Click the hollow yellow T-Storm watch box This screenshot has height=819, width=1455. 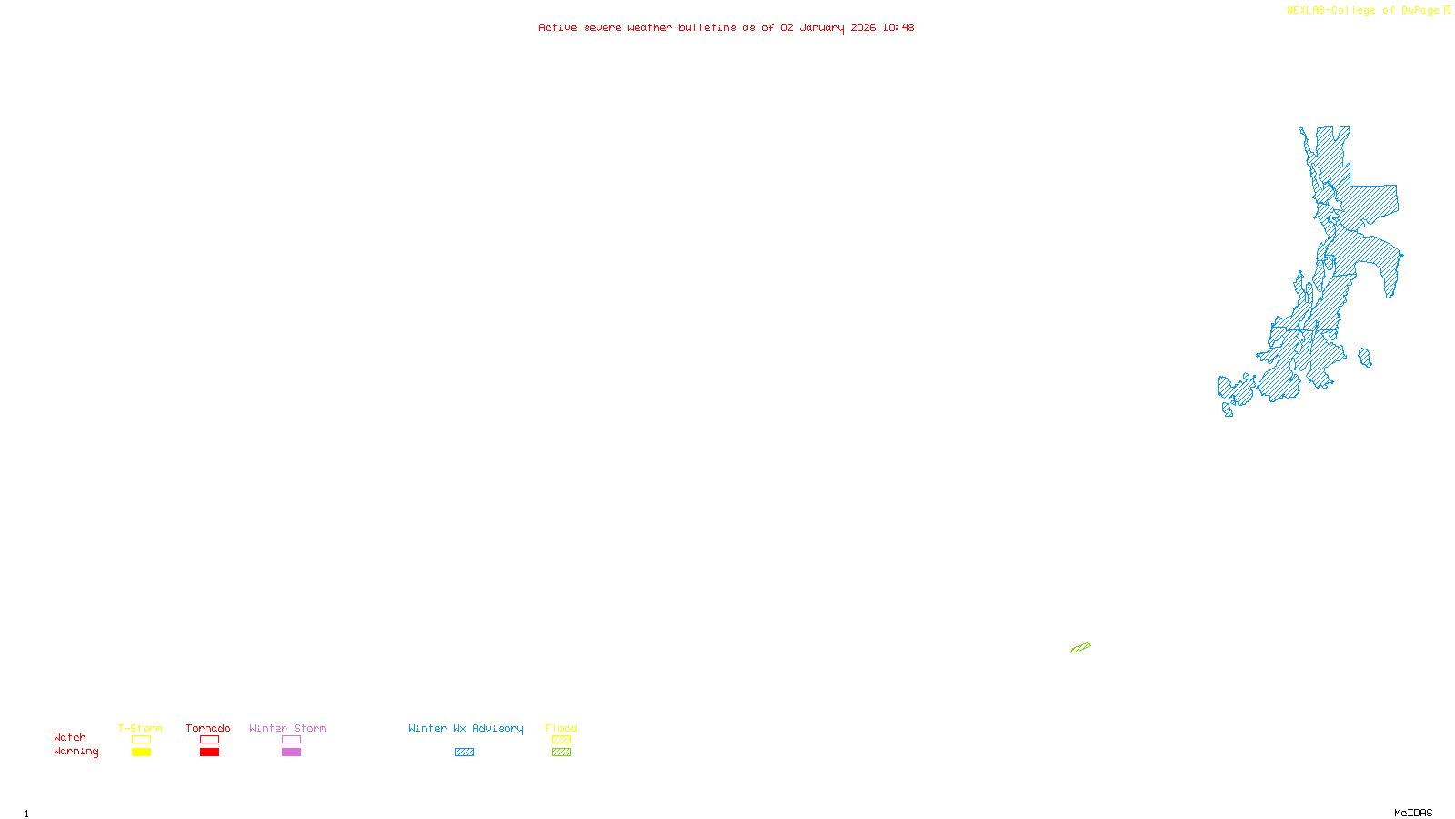141,740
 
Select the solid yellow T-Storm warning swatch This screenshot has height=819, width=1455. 141,753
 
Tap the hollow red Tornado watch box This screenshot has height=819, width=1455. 209,740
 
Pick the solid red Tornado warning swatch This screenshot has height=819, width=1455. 209,753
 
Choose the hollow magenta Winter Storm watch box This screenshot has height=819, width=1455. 291,740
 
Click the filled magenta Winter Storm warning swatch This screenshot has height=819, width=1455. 291,753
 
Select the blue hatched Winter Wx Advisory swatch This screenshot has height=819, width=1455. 464,753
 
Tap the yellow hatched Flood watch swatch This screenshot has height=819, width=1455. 561,740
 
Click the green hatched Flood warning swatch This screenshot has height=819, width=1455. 561,753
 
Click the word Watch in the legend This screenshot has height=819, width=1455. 70,738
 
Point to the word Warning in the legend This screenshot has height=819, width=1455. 75,752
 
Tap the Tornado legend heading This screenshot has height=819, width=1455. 208,728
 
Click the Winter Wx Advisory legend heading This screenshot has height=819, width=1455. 466,728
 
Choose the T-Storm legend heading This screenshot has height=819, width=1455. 140,728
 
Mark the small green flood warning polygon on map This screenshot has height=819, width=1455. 1080,648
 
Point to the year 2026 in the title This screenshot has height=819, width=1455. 863,27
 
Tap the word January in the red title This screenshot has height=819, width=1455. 822,27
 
